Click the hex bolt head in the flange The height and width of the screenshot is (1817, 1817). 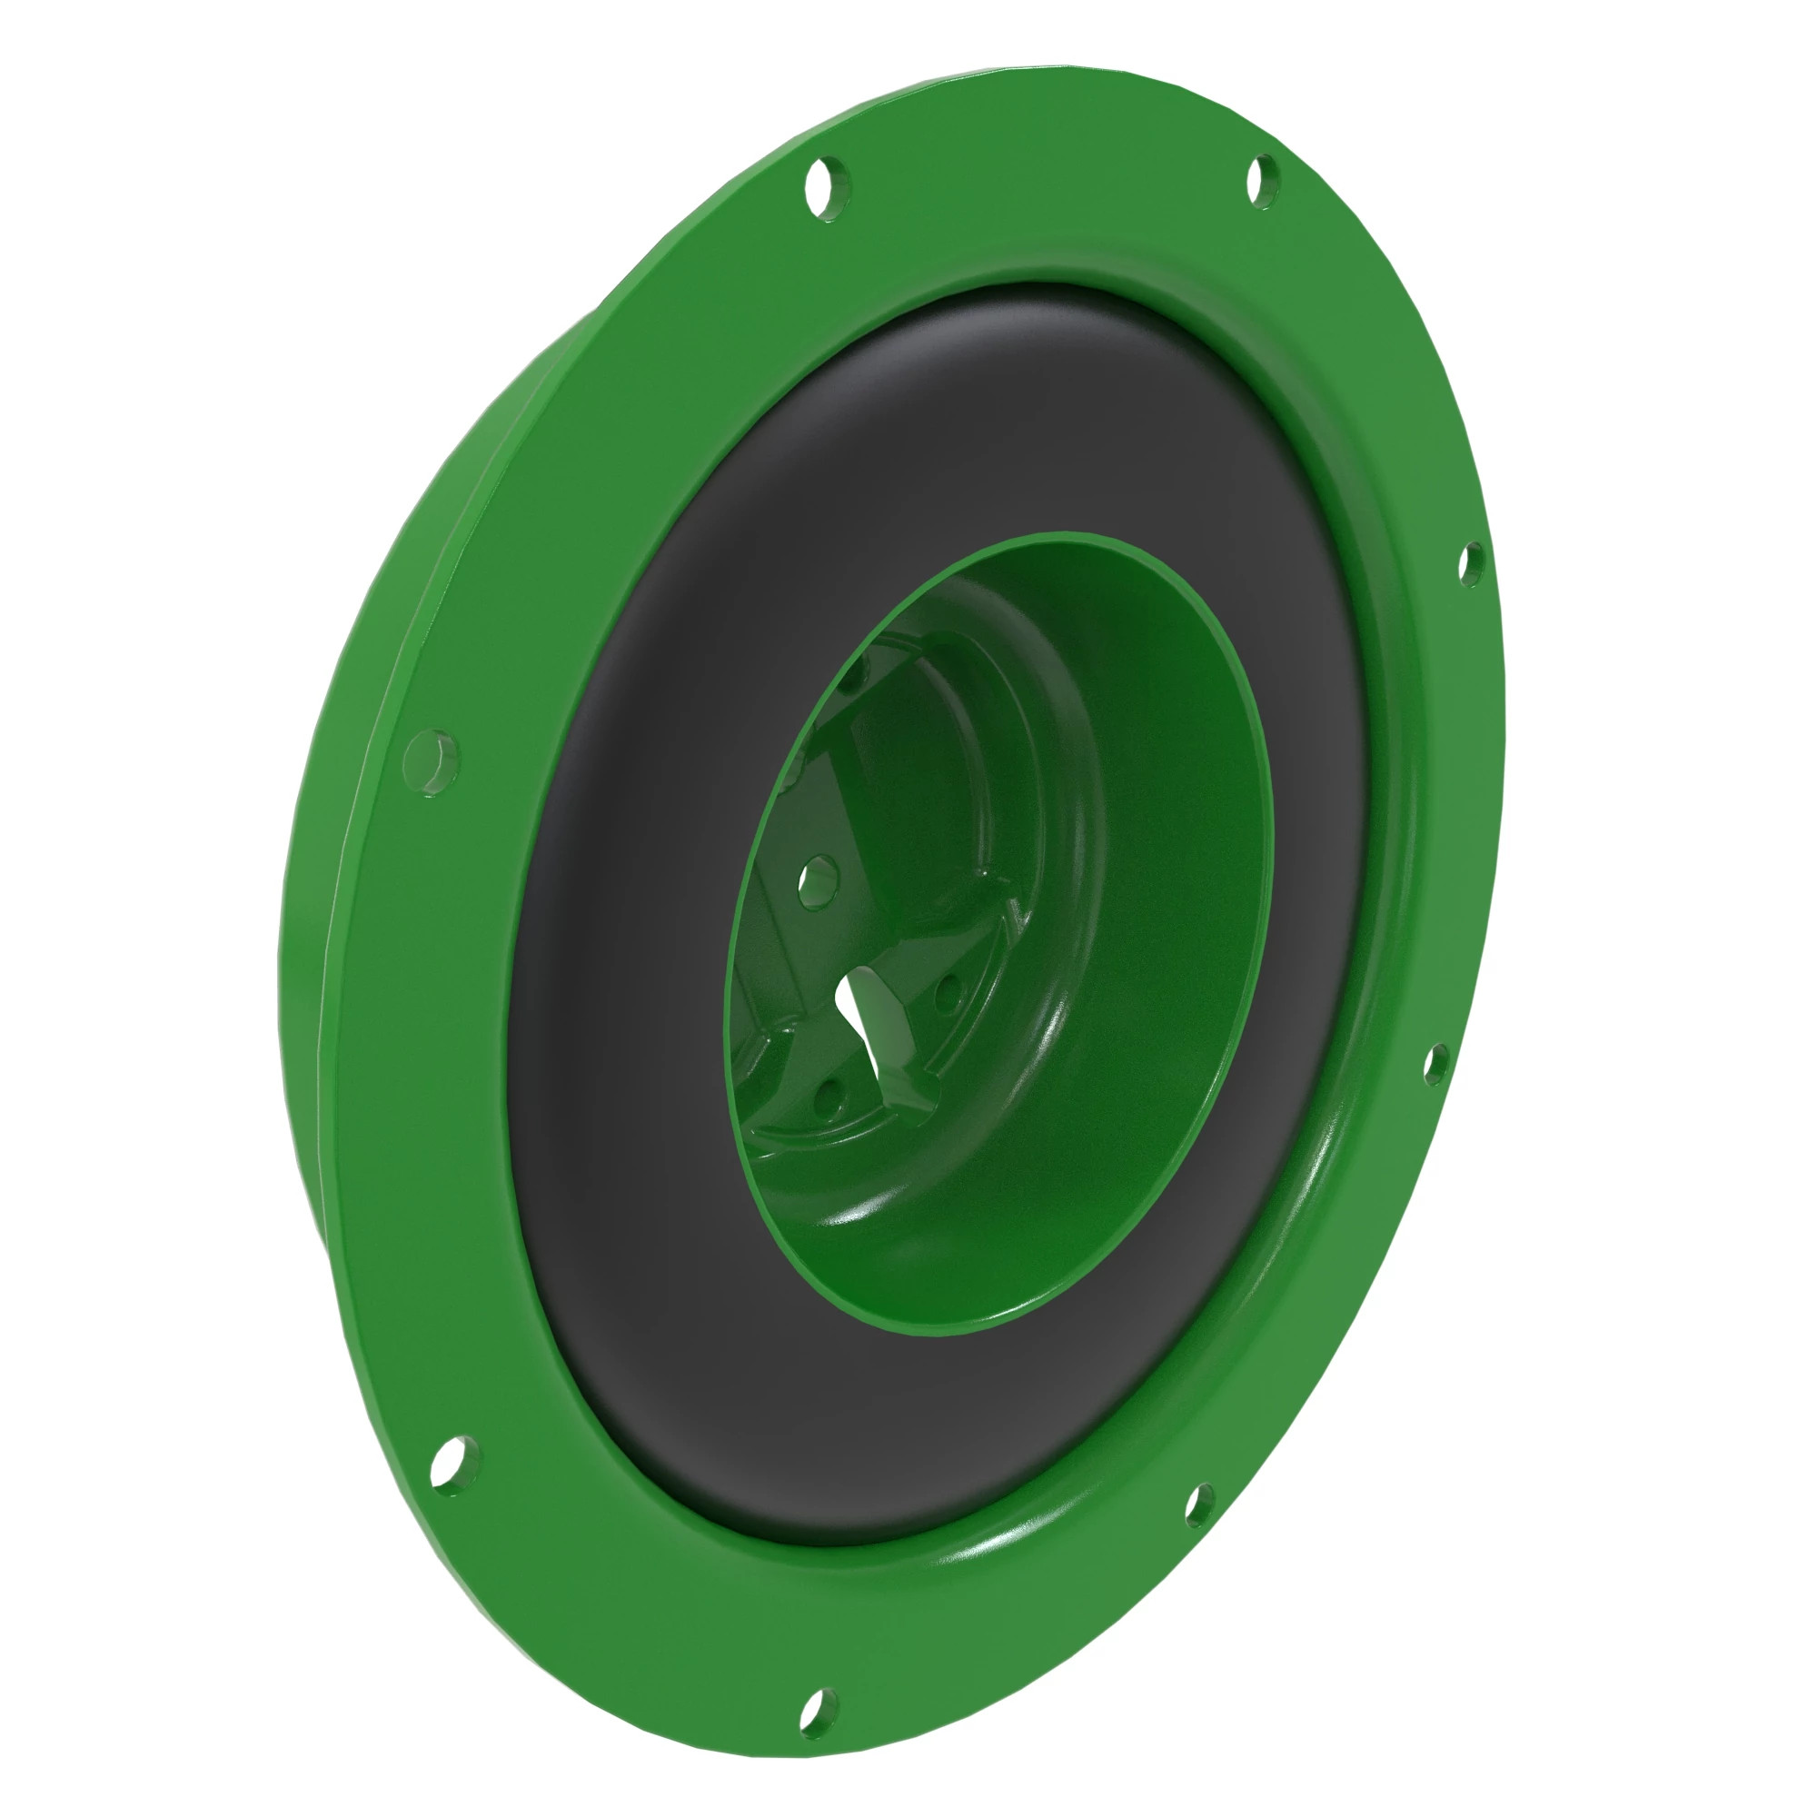click(432, 763)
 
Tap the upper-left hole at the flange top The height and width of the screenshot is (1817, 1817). click(827, 191)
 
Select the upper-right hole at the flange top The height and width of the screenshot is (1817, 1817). click(1263, 181)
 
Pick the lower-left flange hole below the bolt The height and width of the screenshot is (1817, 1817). click(454, 1466)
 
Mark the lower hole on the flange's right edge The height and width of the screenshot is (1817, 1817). click(1435, 1064)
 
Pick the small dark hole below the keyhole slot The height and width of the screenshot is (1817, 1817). click(827, 1094)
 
